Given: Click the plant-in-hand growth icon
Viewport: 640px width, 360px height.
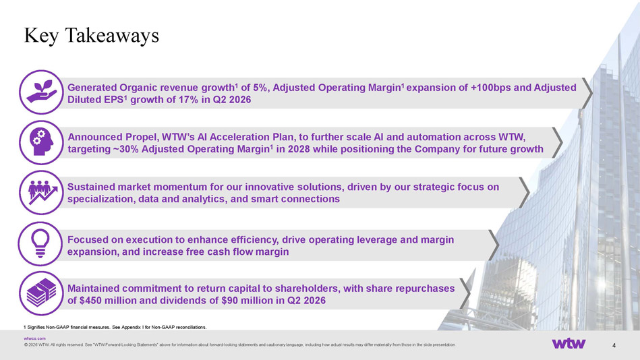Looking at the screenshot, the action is [41, 92].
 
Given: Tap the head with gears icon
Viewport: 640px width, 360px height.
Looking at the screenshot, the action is [41, 142].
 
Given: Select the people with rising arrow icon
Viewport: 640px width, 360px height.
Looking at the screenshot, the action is [41, 192].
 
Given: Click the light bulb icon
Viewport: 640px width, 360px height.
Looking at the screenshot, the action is [40, 243].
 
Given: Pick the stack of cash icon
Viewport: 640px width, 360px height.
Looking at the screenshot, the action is [41, 293].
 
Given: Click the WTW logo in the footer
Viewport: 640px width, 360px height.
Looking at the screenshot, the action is [569, 343].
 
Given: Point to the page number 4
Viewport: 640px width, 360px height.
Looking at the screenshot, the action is [614, 345].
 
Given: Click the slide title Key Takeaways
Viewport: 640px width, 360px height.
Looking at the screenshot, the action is [92, 36].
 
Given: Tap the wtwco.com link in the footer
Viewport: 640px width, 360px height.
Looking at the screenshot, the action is [34, 338].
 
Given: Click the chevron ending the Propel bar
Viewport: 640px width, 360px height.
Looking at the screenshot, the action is [558, 142].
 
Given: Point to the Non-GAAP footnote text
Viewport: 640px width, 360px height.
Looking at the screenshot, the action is [115, 327].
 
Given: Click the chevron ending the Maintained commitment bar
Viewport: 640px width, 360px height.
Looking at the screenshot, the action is [465, 293].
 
